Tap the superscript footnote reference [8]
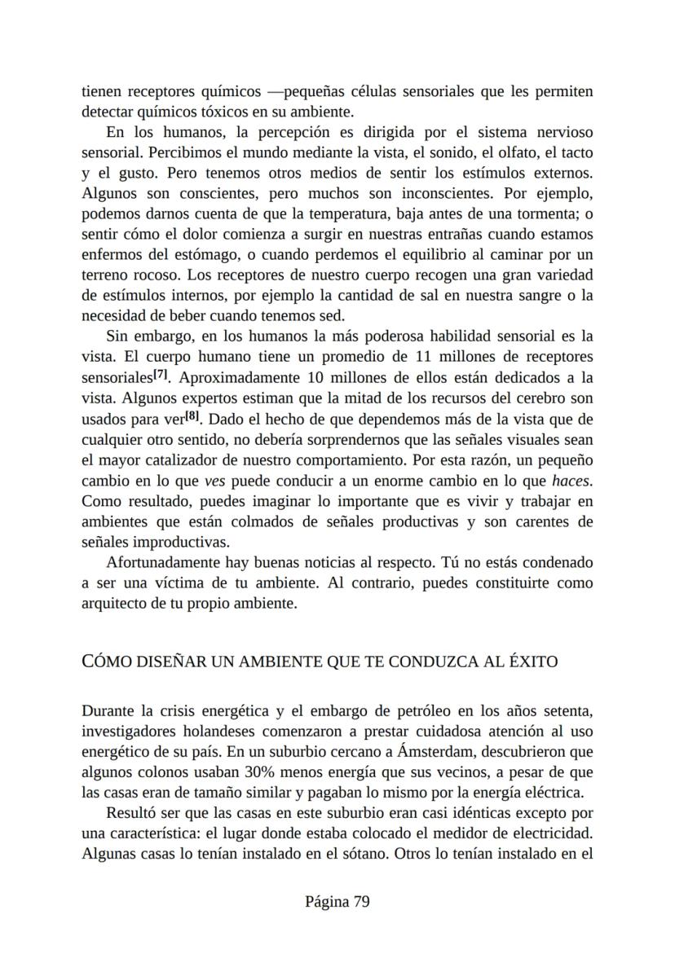point(192,417)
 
